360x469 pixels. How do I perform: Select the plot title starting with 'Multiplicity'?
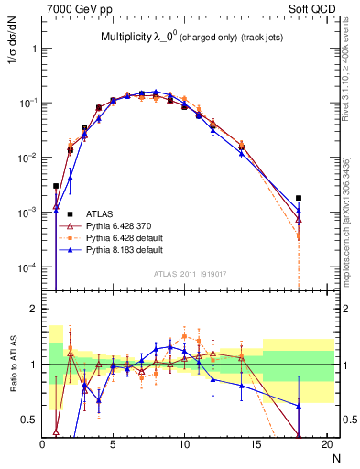pyautogui.click(x=190, y=37)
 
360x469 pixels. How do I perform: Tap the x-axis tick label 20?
pyautogui.click(x=326, y=444)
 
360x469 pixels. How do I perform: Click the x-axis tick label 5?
pyautogui.click(x=113, y=444)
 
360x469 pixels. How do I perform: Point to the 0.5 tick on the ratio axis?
pyautogui.click(x=31, y=420)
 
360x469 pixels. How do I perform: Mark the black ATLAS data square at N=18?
pyautogui.click(x=299, y=197)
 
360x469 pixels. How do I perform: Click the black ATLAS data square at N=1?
pyautogui.click(x=56, y=186)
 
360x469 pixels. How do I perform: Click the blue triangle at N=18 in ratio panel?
pyautogui.click(x=299, y=406)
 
